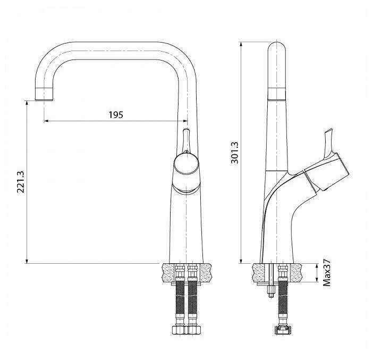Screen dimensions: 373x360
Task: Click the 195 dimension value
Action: [116, 115]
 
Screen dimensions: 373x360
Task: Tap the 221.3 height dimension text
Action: [21, 182]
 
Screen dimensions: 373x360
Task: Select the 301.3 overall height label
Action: [235, 153]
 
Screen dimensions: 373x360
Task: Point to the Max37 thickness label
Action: [327, 273]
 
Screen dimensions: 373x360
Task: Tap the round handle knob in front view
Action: [186, 165]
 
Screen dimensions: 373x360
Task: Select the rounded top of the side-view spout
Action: [276, 48]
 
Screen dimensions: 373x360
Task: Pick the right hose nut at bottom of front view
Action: [194, 330]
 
